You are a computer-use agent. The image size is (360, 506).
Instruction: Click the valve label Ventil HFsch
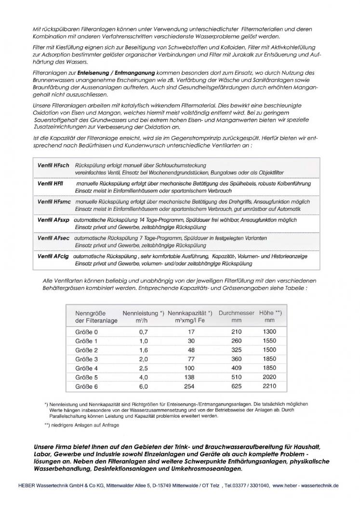point(53,165)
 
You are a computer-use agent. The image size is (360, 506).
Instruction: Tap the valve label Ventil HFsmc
point(54,202)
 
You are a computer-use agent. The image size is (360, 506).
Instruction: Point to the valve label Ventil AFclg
point(53,257)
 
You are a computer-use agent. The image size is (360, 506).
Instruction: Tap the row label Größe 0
point(86,332)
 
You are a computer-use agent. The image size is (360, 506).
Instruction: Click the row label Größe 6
point(86,387)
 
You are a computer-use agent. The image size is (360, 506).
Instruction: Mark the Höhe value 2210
point(270,387)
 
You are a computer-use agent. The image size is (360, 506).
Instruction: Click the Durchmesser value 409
point(236,369)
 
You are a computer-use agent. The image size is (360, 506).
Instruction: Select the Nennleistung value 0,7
point(143,332)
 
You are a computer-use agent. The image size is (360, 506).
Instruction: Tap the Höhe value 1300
point(270,332)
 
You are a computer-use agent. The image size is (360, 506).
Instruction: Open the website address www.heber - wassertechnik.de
point(306,486)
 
